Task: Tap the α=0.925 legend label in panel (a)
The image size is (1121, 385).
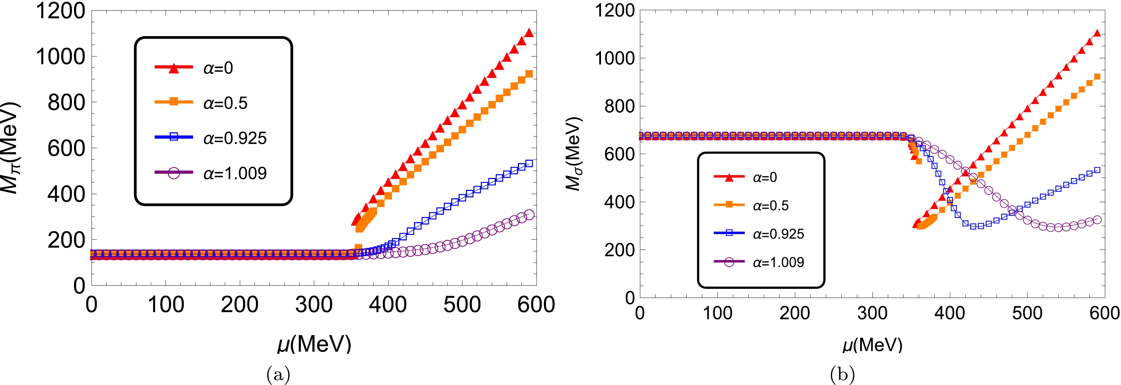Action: click(x=235, y=138)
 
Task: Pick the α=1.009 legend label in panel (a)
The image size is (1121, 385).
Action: click(x=235, y=173)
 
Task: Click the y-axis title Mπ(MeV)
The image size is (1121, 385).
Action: click(x=9, y=148)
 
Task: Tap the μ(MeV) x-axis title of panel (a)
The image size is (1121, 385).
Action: click(x=314, y=344)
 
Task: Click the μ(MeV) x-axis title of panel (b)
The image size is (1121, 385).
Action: click(x=872, y=345)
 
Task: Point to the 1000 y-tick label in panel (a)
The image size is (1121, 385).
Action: click(x=61, y=57)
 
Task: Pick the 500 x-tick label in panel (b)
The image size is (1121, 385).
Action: click(x=1027, y=313)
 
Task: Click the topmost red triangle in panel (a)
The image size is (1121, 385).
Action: click(x=529, y=33)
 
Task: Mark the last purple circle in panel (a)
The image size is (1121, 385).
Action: click(x=529, y=215)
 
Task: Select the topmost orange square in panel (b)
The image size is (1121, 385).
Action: click(x=1097, y=77)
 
